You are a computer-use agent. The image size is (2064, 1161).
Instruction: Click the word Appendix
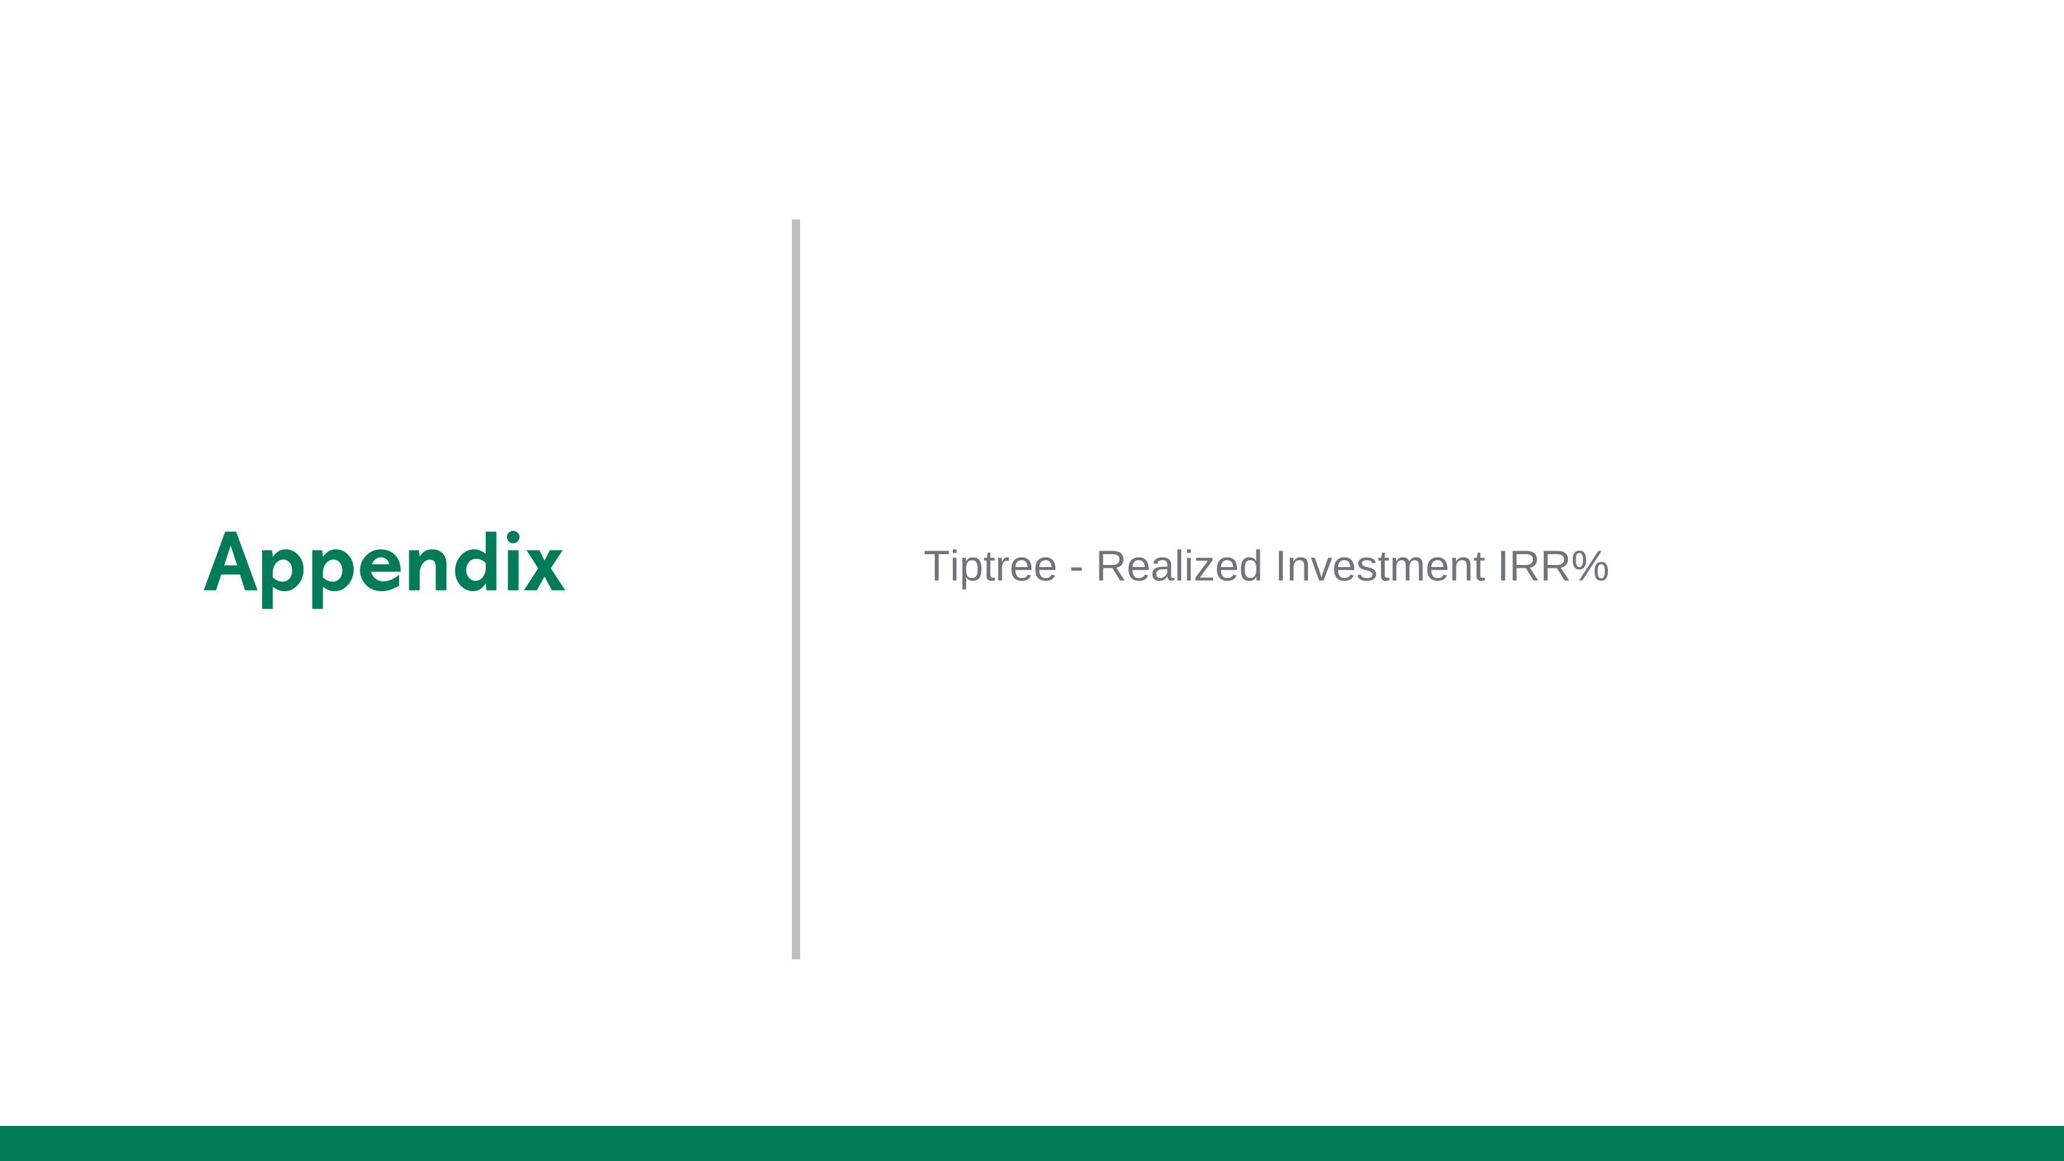[385, 563]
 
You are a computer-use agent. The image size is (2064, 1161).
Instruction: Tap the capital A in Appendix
[230, 562]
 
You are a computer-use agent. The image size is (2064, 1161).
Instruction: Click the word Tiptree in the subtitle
[990, 566]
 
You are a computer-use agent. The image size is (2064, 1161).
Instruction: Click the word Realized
[1179, 566]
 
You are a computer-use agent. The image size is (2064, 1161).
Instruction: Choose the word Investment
[1379, 566]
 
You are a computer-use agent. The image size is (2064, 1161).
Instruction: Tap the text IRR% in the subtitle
[1553, 566]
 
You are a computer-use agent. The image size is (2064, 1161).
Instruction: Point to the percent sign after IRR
[1590, 566]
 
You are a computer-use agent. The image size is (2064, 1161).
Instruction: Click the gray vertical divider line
[795, 589]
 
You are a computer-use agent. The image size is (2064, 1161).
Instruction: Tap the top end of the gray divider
[795, 223]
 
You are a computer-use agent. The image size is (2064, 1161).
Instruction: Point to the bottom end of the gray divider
[795, 955]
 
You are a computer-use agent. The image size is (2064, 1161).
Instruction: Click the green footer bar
[1032, 1143]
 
